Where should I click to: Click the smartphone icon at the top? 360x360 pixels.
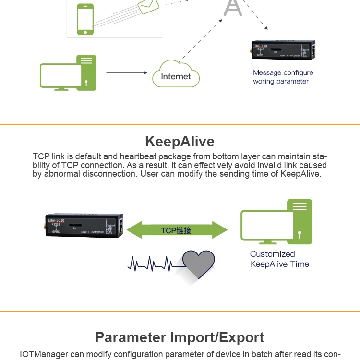pyautogui.click(x=85, y=19)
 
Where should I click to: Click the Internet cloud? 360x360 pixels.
pyautogui.click(x=176, y=75)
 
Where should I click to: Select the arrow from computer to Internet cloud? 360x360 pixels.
pyautogui.click(x=126, y=72)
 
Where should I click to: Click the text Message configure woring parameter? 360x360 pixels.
pyautogui.click(x=283, y=77)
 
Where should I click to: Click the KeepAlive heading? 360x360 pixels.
pyautogui.click(x=180, y=142)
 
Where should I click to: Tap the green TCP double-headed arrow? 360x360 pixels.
pyautogui.click(x=177, y=230)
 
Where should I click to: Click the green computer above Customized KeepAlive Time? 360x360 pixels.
pyautogui.click(x=277, y=224)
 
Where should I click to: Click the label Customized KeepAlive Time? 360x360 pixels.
pyautogui.click(x=279, y=259)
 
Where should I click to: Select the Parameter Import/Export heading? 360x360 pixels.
pyautogui.click(x=180, y=337)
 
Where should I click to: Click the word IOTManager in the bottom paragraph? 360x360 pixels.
pyautogui.click(x=42, y=355)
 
